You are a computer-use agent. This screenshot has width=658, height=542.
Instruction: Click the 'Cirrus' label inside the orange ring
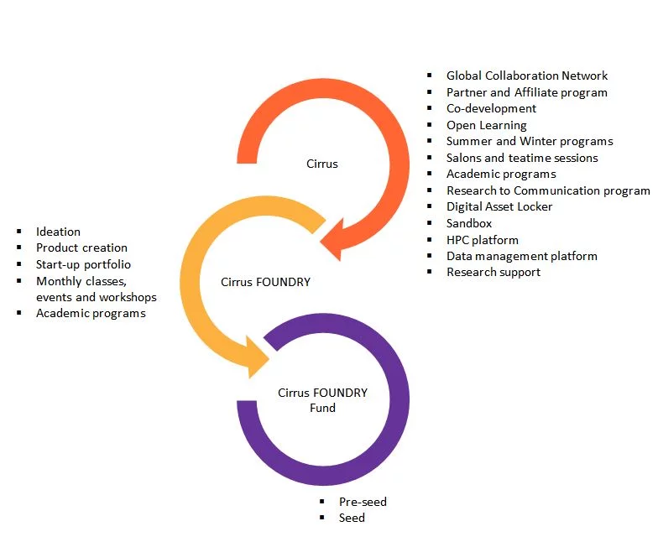[322, 164]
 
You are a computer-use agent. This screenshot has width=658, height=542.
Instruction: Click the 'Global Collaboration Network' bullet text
[526, 76]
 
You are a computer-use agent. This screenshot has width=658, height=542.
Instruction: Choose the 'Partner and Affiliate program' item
[526, 92]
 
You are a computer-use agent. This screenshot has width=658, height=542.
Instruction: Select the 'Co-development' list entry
[491, 108]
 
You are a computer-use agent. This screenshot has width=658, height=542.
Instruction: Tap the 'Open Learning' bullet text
[486, 125]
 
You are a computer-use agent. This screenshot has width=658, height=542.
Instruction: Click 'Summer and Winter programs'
[529, 141]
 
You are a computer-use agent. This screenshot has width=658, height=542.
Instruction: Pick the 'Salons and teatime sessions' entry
[522, 158]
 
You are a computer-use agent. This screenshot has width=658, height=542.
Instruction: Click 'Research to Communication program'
[547, 190]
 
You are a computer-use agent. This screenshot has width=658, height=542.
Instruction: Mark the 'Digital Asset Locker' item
[499, 206]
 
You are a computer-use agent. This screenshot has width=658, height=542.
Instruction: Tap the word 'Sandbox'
[469, 223]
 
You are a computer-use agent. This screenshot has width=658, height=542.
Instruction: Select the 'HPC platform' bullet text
[482, 239]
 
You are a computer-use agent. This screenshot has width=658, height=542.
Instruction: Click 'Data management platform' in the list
[521, 256]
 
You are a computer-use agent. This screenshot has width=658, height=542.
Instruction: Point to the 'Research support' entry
[493, 272]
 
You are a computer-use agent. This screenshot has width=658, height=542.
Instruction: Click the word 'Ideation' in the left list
[58, 232]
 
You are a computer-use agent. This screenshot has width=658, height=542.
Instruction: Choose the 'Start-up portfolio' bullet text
[83, 264]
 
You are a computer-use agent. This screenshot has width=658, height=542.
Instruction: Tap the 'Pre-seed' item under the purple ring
[363, 502]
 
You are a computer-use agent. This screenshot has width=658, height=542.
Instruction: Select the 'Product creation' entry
[81, 248]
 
